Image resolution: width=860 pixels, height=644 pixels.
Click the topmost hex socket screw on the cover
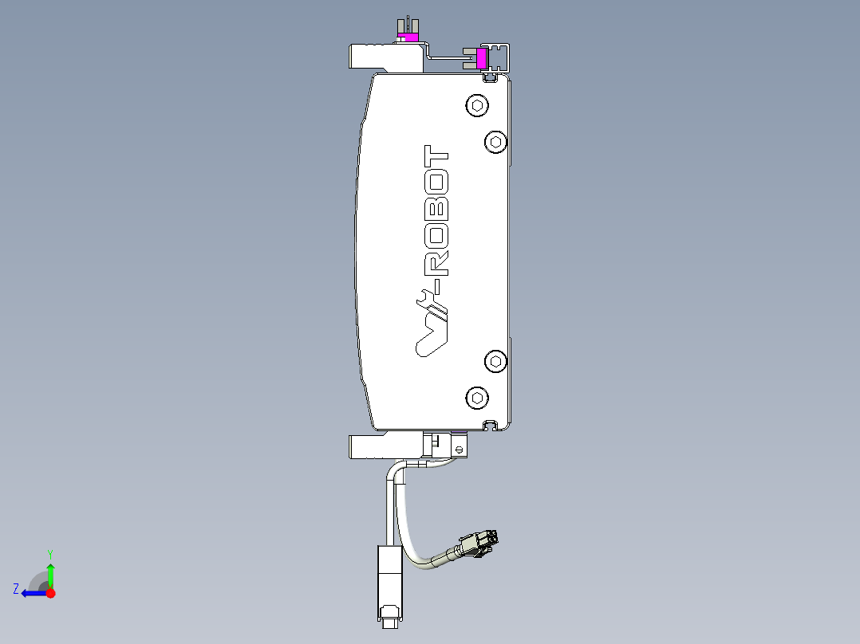click(477, 105)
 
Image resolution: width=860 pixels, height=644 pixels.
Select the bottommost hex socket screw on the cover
click(477, 398)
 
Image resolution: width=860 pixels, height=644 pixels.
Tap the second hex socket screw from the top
click(496, 143)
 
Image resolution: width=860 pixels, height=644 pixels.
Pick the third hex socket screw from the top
click(496, 361)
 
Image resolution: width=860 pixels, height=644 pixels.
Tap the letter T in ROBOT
click(436, 155)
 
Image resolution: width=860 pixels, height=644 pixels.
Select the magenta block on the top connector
click(408, 37)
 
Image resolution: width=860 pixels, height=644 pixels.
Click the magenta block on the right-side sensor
click(481, 59)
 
